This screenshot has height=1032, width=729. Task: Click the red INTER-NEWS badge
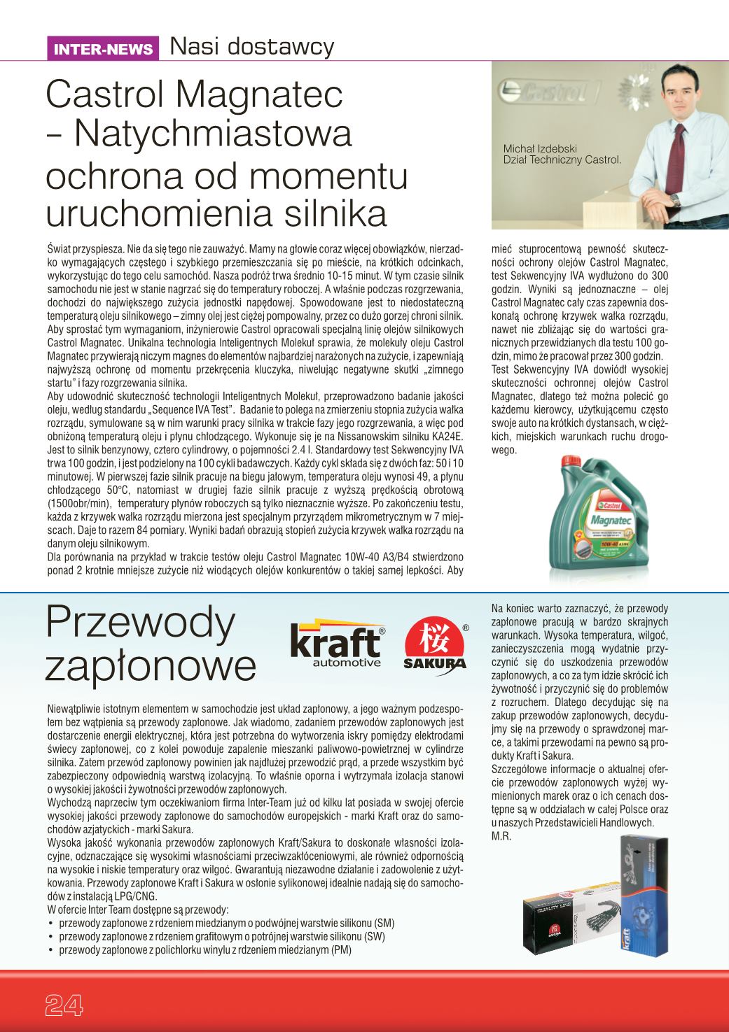click(103, 49)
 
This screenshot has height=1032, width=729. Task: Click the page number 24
click(64, 1005)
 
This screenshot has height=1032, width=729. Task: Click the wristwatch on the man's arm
click(675, 199)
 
